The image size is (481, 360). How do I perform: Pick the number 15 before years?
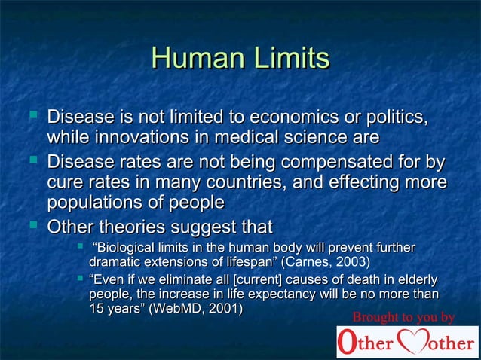(x=97, y=308)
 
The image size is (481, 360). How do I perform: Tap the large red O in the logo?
(x=346, y=343)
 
